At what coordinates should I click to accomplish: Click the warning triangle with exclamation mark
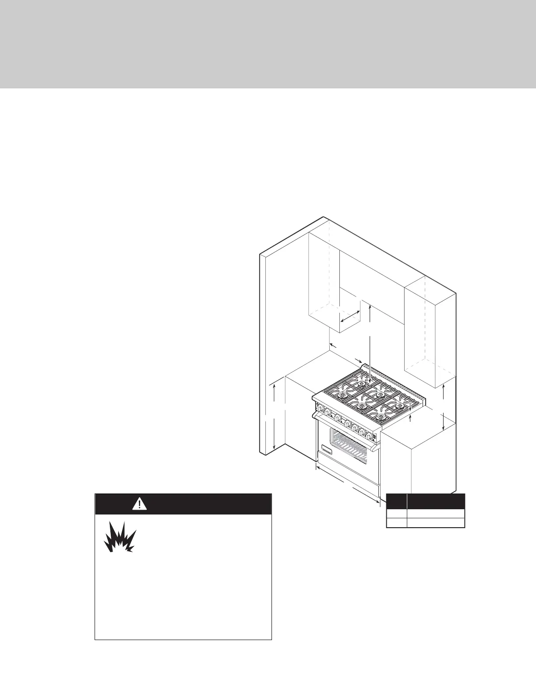click(x=139, y=504)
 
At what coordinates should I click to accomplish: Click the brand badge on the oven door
click(x=327, y=449)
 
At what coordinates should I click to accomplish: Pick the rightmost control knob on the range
click(x=372, y=436)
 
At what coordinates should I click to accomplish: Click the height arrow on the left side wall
click(x=274, y=416)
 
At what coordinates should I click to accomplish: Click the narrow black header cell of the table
click(x=396, y=501)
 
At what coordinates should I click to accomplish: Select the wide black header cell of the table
click(x=436, y=501)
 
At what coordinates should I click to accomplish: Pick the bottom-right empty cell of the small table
click(x=436, y=523)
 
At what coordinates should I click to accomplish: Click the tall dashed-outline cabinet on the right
click(x=429, y=332)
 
